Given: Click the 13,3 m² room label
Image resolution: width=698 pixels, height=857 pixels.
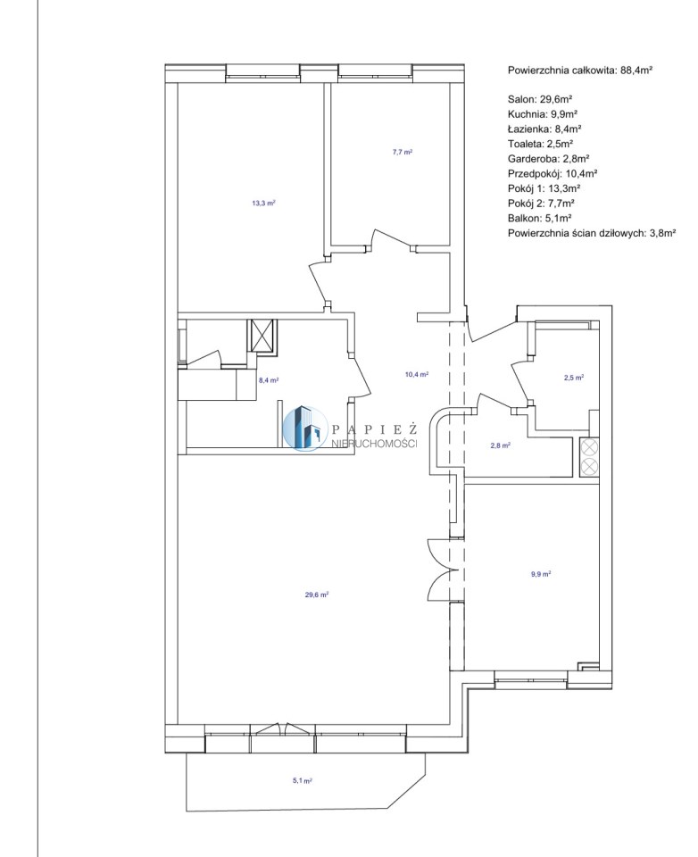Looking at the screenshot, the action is (x=263, y=203).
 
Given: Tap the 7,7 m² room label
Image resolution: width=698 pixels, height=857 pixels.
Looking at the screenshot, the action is (x=402, y=152).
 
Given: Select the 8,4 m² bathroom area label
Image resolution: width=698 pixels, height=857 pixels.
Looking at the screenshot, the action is (x=269, y=380).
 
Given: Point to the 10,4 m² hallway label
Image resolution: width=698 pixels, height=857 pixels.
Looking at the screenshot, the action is (x=416, y=374).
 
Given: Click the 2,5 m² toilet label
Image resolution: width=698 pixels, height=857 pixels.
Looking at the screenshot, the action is (x=574, y=377).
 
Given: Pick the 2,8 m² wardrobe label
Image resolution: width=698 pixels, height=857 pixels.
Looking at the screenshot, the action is (x=500, y=445).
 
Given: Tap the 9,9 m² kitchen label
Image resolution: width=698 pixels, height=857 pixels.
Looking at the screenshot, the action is (x=541, y=574).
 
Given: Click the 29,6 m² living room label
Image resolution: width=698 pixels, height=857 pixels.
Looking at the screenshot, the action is (x=317, y=595).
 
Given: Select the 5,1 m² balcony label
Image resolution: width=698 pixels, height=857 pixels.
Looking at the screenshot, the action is (x=302, y=781).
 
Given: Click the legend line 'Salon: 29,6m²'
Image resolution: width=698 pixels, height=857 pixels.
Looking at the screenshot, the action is (x=540, y=99).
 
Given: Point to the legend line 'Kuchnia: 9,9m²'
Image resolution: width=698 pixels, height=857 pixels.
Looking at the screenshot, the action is (x=543, y=114).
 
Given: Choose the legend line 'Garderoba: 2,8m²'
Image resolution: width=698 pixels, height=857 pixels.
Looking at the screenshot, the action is (x=548, y=159).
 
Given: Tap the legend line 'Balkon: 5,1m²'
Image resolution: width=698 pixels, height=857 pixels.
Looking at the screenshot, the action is (x=539, y=218).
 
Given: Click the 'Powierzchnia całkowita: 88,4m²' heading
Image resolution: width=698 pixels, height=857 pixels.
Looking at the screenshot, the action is (x=580, y=70).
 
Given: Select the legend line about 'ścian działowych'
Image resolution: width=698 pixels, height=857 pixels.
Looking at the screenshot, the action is (x=592, y=232).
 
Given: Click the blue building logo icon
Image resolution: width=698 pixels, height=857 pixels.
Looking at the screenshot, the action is (x=303, y=428).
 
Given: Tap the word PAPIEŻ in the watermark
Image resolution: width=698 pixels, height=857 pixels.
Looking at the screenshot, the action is (x=374, y=428).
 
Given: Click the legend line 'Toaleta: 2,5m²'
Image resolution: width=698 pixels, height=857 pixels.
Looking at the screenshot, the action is (x=540, y=144).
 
